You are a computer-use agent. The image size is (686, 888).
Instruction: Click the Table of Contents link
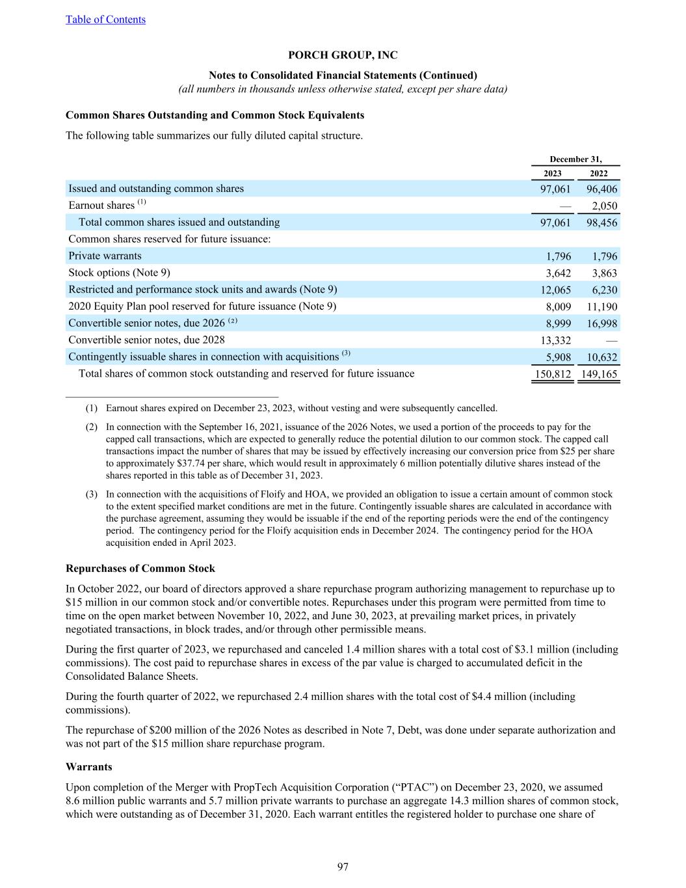tap(105, 20)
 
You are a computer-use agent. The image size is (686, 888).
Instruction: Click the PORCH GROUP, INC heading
tap(343, 55)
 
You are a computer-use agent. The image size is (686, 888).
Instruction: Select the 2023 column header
tap(552, 174)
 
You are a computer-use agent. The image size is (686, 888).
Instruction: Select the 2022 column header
tap(598, 174)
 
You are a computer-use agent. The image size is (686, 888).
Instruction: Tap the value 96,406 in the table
tap(600, 189)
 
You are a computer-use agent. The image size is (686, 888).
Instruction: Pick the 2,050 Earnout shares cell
tap(604, 206)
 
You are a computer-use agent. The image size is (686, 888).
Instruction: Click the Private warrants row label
tap(105, 256)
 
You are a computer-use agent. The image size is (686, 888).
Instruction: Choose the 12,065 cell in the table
tap(555, 290)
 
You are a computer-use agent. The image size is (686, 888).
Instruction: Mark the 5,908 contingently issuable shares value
tap(559, 357)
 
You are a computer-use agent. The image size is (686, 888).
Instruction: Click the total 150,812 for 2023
tap(553, 374)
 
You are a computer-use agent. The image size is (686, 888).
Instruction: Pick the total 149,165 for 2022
tap(598, 374)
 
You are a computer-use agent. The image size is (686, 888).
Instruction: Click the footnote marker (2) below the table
tap(92, 427)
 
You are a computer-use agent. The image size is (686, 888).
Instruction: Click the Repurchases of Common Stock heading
tap(140, 569)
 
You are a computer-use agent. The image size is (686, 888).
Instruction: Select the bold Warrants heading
tap(89, 766)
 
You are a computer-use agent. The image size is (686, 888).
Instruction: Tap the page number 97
tap(343, 867)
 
